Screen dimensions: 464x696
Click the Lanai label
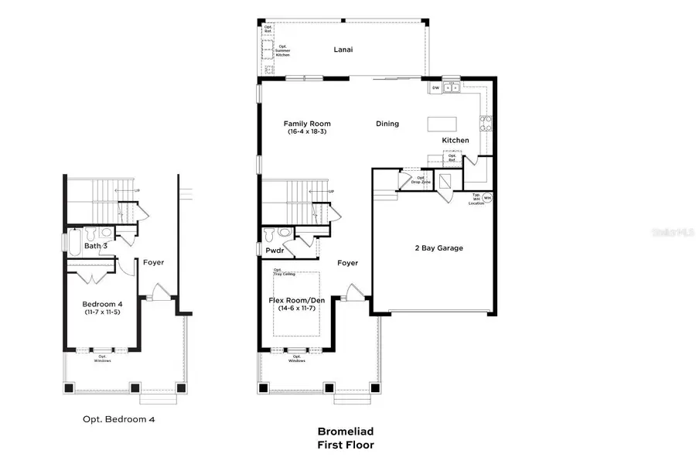pos(343,49)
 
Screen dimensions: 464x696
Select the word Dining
pos(387,124)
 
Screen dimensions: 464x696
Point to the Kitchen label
pos(455,140)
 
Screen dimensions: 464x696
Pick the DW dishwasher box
pos(435,88)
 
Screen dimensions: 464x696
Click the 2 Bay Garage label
pos(438,248)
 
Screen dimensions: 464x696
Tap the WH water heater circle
pos(487,198)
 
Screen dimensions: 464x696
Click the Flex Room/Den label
pos(296,299)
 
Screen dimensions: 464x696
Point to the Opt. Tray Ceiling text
pos(283,272)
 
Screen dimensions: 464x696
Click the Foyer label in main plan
pos(348,263)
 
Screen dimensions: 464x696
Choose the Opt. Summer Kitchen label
pos(283,51)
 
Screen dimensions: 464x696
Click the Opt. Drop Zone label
pos(421,179)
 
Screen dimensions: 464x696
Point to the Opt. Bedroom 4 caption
pos(119,419)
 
